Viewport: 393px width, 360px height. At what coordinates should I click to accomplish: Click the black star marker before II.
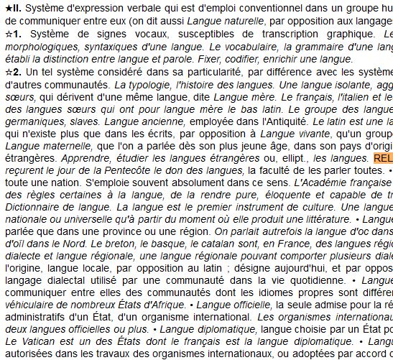pyautogui.click(x=7, y=7)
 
